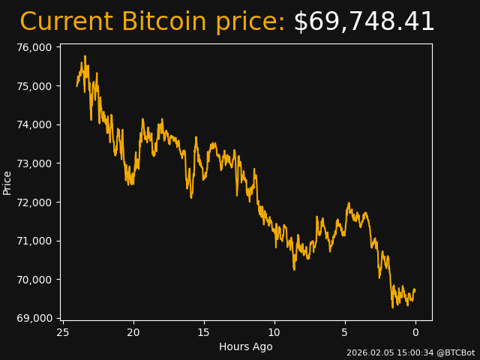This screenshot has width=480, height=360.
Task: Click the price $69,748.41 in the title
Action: pos(364,22)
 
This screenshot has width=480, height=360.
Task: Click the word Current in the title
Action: pos(66,22)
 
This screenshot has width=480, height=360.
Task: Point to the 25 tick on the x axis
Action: pos(63,332)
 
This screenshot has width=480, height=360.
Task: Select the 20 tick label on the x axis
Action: pos(133,332)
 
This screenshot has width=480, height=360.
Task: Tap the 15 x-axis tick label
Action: pos(204,332)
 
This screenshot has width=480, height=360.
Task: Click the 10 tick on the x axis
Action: pos(274,332)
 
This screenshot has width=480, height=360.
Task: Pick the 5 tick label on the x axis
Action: pos(345,332)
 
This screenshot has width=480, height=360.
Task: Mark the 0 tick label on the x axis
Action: pos(415,332)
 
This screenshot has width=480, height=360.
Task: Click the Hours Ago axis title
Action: pos(246,346)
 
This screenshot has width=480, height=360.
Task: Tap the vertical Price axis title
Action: pos(7,182)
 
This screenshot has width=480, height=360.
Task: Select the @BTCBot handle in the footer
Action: pos(456,352)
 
